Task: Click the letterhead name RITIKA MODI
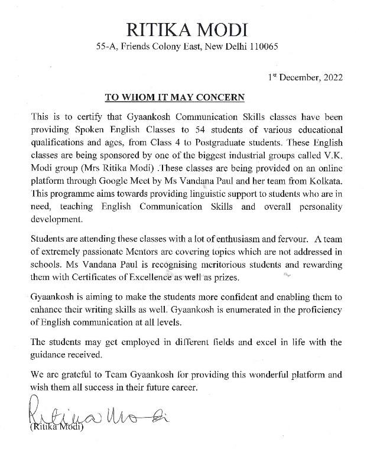pos(183,28)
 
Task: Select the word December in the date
pos(300,77)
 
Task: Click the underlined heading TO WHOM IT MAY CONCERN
pos(175,96)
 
